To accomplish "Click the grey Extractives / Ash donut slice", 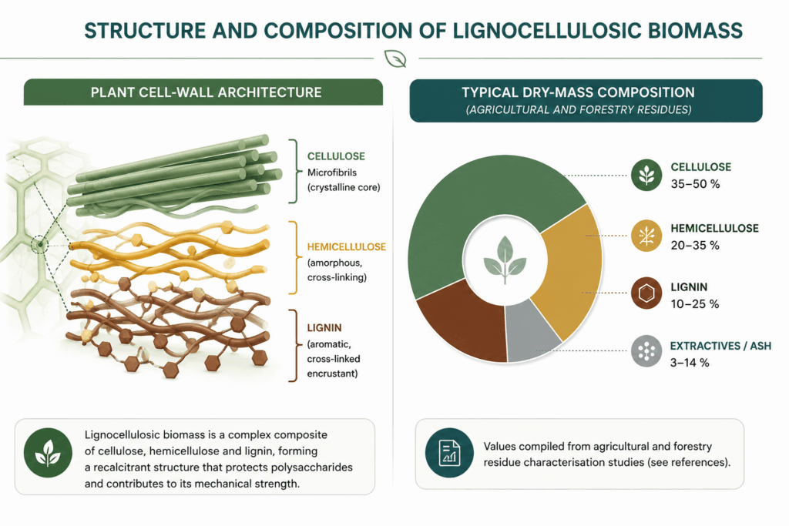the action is [x=531, y=331].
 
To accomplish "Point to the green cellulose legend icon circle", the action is [x=646, y=175].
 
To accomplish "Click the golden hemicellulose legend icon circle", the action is [x=646, y=236].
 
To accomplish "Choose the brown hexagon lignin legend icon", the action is [x=646, y=293].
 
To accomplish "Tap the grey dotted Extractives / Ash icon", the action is [x=646, y=351].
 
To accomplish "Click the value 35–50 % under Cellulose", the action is [x=695, y=184].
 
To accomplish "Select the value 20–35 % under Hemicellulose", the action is [x=695, y=246].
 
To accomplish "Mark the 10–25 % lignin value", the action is [x=694, y=303].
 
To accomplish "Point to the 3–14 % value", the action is [x=690, y=363].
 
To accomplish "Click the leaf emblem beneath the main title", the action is [x=395, y=59].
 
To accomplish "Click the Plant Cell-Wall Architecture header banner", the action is [x=203, y=92].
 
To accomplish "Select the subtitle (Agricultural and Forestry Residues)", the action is [x=579, y=109].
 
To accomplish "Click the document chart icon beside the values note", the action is [x=449, y=453].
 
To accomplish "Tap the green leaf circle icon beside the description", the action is [x=48, y=453].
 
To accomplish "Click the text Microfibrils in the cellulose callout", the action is [x=332, y=173].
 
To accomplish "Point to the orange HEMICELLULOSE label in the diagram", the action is [x=347, y=247].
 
